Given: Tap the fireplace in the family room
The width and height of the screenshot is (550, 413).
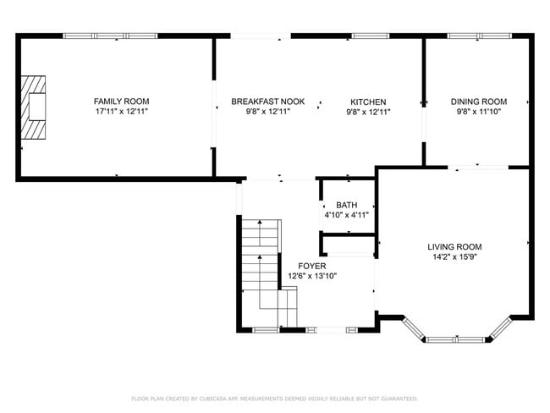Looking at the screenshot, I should tap(35, 107).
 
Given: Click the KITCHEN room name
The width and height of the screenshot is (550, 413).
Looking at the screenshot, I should tap(368, 101).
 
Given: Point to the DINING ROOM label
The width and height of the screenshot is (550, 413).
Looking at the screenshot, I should tap(478, 101).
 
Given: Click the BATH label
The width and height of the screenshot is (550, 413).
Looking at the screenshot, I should tap(346, 205).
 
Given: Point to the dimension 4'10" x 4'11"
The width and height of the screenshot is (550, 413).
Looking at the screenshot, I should tap(346, 215).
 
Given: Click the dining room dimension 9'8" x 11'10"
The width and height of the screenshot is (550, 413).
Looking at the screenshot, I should tap(478, 111).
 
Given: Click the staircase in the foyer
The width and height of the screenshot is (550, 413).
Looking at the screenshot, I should tap(261, 271).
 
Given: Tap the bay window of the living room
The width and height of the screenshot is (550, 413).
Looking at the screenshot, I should tap(457, 339).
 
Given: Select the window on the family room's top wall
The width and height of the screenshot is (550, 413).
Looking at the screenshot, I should tap(98, 36).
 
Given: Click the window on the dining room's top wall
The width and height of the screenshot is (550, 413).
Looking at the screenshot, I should tap(478, 36).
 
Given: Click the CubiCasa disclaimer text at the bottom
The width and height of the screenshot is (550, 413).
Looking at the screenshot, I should tap(274, 398).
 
